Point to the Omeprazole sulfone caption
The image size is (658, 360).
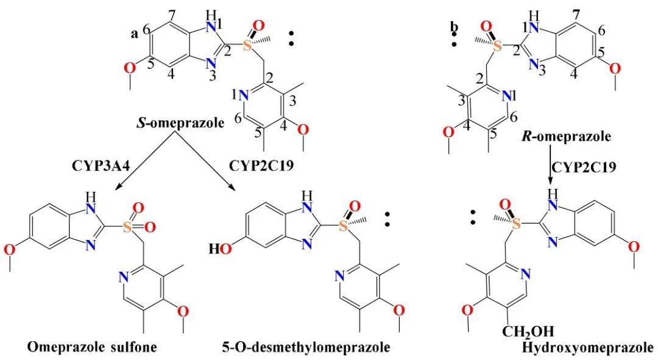click(x=91, y=347)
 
